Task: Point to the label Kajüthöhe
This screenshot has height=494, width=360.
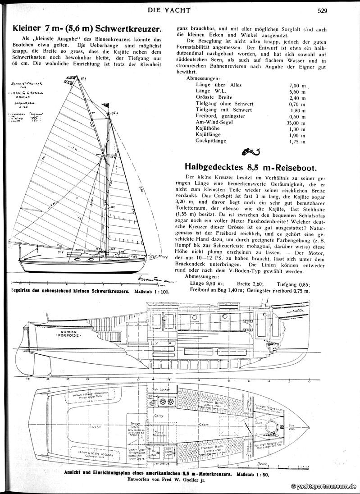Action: (207, 128)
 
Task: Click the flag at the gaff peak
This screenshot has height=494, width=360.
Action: (71, 78)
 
